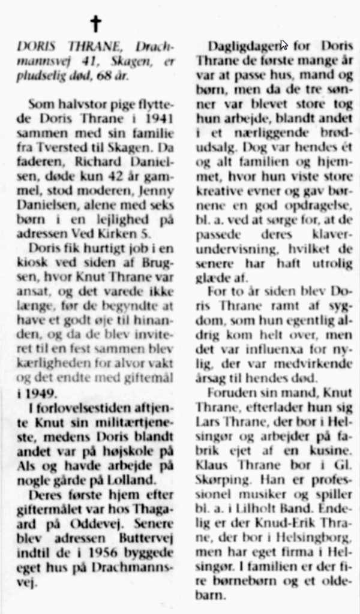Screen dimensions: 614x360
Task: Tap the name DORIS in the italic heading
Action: click(x=33, y=46)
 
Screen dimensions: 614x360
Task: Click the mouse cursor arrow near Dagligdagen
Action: click(x=284, y=44)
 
